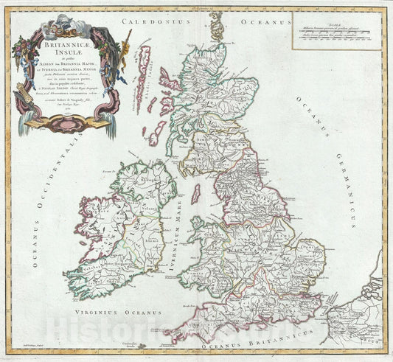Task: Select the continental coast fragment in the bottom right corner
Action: click(354, 317)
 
